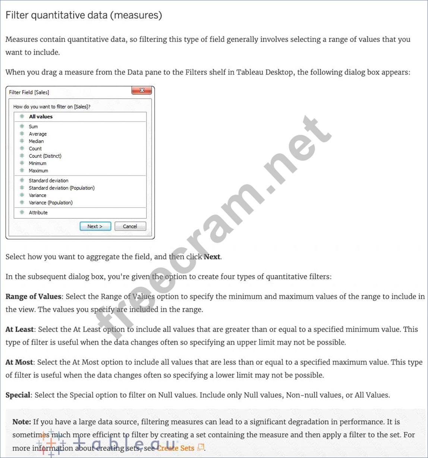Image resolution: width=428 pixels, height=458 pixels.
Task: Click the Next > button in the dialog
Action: click(95, 226)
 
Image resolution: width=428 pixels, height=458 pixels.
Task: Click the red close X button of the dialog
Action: click(142, 91)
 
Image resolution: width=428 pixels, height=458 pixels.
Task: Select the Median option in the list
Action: click(36, 141)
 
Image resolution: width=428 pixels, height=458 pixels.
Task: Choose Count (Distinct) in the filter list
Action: click(45, 156)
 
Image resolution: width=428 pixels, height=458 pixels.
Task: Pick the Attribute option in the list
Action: click(38, 212)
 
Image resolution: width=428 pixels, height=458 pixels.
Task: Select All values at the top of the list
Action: click(41, 116)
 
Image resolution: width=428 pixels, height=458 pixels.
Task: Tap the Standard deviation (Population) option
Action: click(62, 188)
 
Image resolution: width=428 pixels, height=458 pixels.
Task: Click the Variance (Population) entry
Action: click(51, 203)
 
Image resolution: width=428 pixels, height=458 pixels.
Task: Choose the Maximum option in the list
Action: click(38, 171)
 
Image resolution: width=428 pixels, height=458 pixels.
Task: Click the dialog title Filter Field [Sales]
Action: click(29, 92)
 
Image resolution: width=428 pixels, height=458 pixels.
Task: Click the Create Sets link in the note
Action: click(176, 448)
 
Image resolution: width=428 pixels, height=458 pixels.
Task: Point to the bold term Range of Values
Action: click(33, 296)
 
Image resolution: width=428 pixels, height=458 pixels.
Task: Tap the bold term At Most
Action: click(19, 362)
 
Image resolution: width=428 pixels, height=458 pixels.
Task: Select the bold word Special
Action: click(18, 395)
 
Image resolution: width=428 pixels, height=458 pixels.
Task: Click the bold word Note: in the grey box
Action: click(22, 422)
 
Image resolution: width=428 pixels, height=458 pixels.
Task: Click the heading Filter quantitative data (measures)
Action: click(84, 15)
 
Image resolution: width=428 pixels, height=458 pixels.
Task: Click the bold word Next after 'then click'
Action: click(212, 257)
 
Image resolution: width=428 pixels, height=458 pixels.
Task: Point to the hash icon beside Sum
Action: click(22, 127)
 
